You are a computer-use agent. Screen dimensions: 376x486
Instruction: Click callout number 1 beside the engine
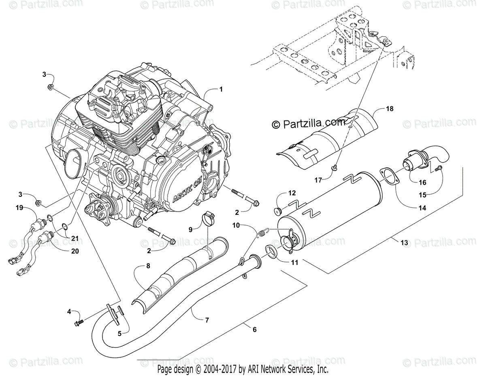pyautogui.click(x=221, y=89)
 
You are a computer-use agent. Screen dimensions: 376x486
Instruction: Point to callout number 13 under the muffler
pyautogui.click(x=404, y=243)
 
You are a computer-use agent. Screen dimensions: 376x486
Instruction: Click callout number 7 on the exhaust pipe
pyautogui.click(x=207, y=320)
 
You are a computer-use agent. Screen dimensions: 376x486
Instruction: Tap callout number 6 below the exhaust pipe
pyautogui.click(x=254, y=330)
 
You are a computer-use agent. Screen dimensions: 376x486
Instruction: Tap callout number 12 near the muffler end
pyautogui.click(x=292, y=193)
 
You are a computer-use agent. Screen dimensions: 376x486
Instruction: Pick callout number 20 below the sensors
pyautogui.click(x=75, y=251)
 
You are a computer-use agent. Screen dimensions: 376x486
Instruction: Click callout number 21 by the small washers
pyautogui.click(x=75, y=238)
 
